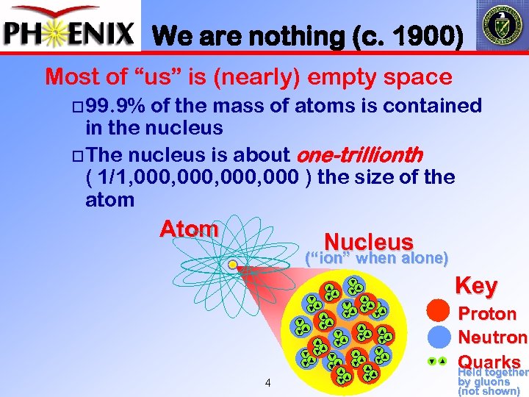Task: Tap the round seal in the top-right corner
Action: [x=502, y=26]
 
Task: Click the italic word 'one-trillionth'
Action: [x=359, y=154]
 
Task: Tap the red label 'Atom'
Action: [x=189, y=229]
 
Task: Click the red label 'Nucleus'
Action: [x=368, y=241]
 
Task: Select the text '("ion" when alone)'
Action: [x=376, y=258]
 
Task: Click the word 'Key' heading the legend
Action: [x=476, y=285]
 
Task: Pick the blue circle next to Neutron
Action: [x=439, y=337]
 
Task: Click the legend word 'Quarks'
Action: [x=489, y=362]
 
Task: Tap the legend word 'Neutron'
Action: [x=492, y=337]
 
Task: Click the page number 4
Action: [x=268, y=382]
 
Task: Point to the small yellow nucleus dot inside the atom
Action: [x=232, y=264]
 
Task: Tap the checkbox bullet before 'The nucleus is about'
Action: [x=79, y=155]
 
